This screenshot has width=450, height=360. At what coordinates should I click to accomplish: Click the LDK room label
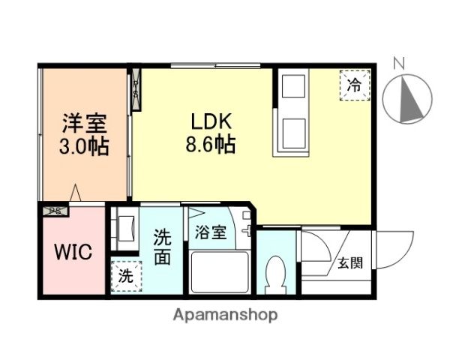pos(211,121)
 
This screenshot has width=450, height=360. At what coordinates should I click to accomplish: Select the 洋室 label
pos(84,121)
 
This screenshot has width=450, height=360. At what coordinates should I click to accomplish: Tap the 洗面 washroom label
pos(162,247)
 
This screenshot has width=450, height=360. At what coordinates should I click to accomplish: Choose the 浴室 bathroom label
pos(211,232)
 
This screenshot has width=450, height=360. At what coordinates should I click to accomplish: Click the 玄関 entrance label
pos(349,262)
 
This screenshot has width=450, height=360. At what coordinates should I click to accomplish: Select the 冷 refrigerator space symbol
pos(354,84)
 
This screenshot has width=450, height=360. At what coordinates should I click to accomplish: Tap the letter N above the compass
pos(400,64)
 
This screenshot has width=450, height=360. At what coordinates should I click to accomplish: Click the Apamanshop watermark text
pos(225,315)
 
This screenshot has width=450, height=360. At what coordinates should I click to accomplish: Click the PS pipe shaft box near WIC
pos(55,211)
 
